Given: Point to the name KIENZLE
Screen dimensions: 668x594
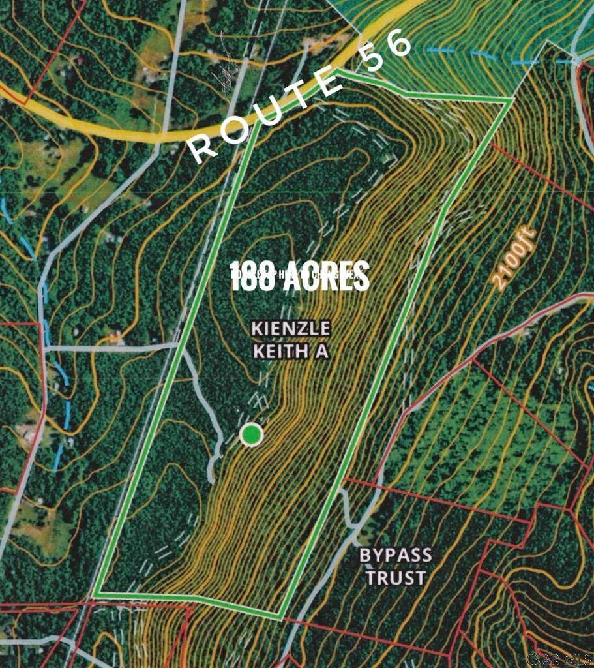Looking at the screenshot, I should click(291, 328).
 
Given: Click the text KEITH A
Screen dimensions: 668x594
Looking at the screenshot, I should click(290, 352).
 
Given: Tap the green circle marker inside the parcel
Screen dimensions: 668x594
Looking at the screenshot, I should click(251, 434).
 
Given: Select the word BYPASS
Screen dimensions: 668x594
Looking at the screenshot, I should click(395, 556).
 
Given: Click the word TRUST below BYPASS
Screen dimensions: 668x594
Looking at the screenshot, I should click(395, 578).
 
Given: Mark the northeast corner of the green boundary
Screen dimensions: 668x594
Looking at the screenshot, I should click(511, 100).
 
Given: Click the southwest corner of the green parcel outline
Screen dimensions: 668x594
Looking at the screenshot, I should click(94, 594).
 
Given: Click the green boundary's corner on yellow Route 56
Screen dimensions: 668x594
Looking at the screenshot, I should click(339, 71).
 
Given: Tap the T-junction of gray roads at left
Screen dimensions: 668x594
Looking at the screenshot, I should click(44, 348).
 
